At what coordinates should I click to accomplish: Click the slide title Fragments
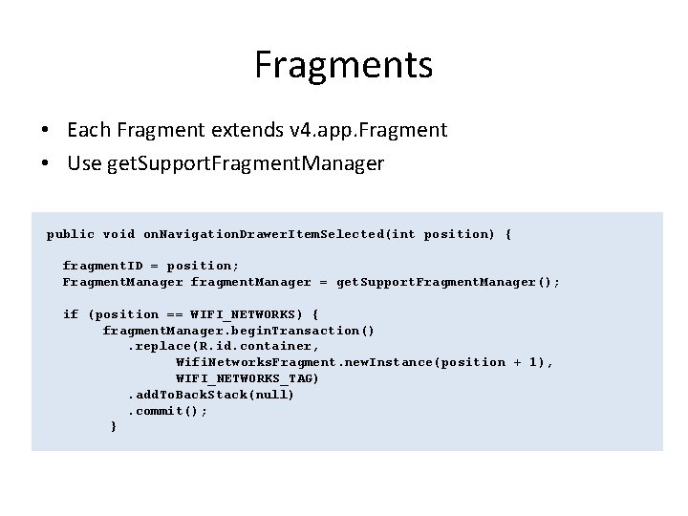pos(344,66)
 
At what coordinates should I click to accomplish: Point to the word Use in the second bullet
pos(84,163)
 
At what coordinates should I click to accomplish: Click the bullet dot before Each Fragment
pos(46,130)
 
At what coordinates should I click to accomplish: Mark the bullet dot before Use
pos(46,164)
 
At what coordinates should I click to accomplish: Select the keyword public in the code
pos(71,234)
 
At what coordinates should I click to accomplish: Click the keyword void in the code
pos(118,234)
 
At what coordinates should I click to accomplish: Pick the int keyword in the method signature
pos(403,234)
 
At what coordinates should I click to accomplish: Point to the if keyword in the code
pos(71,314)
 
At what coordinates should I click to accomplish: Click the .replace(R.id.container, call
pos(224,346)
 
